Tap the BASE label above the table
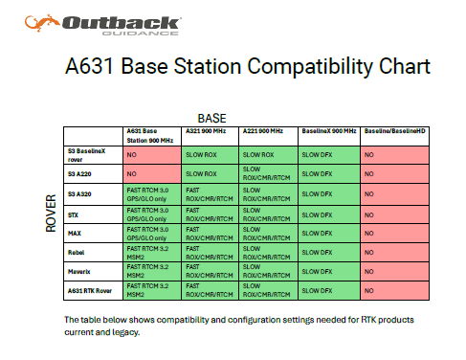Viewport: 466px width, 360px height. click(x=211, y=119)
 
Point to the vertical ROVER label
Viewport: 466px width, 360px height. click(x=51, y=214)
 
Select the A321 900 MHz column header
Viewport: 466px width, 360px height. click(x=206, y=131)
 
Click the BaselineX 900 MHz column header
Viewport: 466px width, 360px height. click(x=329, y=131)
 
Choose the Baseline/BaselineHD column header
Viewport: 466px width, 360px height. click(x=394, y=131)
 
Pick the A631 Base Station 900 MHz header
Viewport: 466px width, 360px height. click(x=150, y=136)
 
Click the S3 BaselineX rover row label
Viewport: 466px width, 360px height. click(x=86, y=155)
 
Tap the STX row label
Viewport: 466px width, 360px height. click(x=73, y=215)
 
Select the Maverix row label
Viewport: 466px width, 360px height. click(x=78, y=272)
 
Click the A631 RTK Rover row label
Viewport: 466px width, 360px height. click(x=90, y=291)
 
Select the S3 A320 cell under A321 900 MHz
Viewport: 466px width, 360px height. click(x=210, y=194)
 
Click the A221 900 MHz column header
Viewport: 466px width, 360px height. click(x=263, y=131)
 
